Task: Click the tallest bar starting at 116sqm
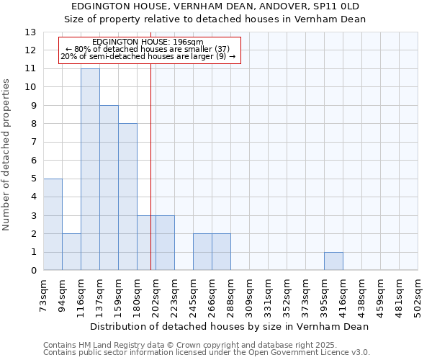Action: (90, 169)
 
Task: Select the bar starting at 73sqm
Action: (53, 225)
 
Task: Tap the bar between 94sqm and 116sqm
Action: (71, 252)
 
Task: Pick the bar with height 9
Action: (109, 188)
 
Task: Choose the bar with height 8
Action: (127, 197)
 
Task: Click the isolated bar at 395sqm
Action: (333, 261)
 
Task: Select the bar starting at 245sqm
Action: (202, 252)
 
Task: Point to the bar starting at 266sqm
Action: (221, 252)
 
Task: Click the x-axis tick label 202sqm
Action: (156, 294)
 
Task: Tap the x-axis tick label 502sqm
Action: (418, 294)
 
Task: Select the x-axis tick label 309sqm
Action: (249, 294)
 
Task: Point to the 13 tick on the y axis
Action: (30, 32)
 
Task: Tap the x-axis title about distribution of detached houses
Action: (230, 326)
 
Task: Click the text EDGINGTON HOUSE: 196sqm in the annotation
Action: (148, 42)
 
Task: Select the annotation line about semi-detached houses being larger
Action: (148, 56)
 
